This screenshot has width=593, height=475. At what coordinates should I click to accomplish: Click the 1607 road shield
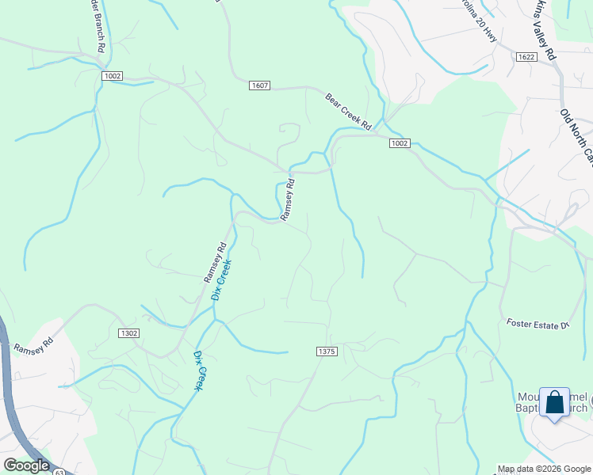coord(258,85)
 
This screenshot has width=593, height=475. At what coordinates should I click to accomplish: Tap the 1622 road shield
coord(525,57)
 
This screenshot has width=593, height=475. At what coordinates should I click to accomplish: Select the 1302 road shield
coord(129,333)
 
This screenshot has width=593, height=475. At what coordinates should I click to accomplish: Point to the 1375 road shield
coord(325,351)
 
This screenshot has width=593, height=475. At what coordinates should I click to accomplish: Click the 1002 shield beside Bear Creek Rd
coord(399,142)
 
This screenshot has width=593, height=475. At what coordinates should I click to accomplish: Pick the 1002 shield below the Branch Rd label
coord(112,74)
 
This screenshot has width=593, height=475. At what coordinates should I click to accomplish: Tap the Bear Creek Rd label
coord(348,112)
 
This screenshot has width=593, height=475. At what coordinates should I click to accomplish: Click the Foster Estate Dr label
coord(538,324)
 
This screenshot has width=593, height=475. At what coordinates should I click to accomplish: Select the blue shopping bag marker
coord(554,402)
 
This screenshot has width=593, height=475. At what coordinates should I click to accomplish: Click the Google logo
coord(26,465)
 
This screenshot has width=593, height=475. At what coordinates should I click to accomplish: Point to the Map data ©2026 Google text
coord(543,469)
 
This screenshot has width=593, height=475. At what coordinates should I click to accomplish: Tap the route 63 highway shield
coord(60,472)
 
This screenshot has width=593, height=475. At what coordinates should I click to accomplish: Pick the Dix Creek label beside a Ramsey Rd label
coord(220,279)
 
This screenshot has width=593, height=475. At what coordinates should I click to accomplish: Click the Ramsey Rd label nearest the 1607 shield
coord(288,198)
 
